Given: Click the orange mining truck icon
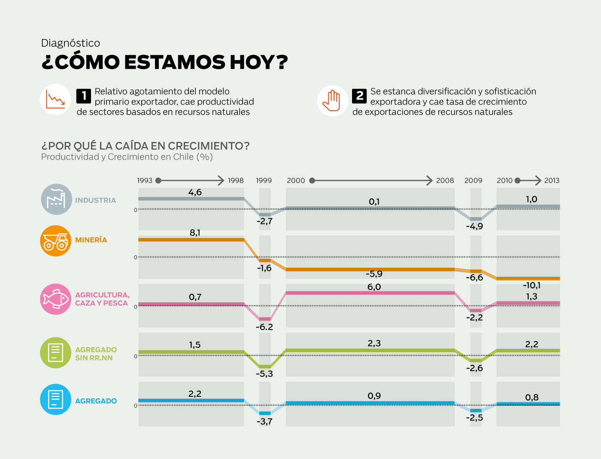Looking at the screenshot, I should click(56, 241).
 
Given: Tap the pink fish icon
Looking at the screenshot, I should click(56, 299).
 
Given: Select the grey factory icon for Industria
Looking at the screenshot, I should click(56, 199).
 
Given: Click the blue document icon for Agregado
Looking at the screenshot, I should click(56, 399).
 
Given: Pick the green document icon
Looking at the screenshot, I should click(56, 353).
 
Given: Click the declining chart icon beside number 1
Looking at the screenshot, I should click(56, 100).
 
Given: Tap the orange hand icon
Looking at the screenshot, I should click(333, 101).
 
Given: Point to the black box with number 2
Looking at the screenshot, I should click(359, 96).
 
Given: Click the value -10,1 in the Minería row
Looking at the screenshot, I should click(531, 285).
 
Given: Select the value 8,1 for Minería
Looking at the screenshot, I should click(195, 233).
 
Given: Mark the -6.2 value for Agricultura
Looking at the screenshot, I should click(264, 327).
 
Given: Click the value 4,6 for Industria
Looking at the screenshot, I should click(195, 192).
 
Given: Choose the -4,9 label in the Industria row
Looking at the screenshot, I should click(474, 226).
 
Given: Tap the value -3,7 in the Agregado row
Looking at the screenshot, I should click(264, 421).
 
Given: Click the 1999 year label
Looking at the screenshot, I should click(264, 181).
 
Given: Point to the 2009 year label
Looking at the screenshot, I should click(473, 181).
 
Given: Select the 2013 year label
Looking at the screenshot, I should click(552, 181).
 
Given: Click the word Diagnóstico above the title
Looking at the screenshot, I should click(70, 43).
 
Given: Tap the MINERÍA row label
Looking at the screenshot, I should click(91, 240).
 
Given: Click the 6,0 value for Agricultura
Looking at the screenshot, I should click(374, 287).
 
